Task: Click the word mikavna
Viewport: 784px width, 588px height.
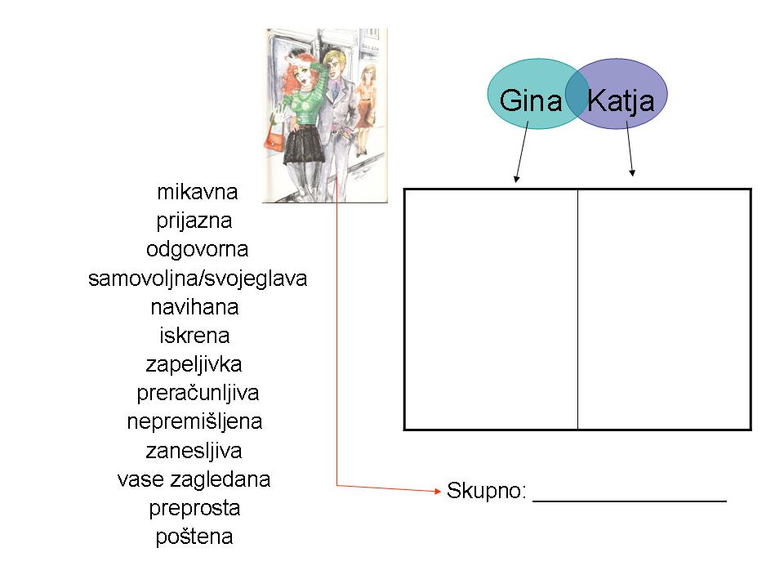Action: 197,192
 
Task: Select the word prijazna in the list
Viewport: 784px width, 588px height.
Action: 194,221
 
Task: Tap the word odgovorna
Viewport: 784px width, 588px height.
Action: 197,250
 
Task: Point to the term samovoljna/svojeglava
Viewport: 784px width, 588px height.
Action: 198,278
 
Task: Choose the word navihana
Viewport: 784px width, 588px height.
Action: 194,307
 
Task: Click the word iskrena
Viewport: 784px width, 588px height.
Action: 194,336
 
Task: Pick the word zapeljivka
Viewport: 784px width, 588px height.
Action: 194,364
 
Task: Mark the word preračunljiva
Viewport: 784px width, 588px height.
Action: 198,394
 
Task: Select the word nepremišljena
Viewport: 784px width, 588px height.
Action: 194,422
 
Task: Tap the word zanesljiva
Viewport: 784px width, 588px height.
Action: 194,451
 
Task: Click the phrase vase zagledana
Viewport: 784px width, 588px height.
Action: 194,480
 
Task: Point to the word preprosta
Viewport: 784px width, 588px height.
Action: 194,509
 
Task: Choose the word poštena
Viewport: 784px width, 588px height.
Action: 194,537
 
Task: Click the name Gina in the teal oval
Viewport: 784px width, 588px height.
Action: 531,100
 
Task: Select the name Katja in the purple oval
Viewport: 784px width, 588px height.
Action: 621,101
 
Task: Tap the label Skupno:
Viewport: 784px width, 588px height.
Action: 487,491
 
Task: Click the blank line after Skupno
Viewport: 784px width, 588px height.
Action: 630,500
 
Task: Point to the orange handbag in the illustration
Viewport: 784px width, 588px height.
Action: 274,140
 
